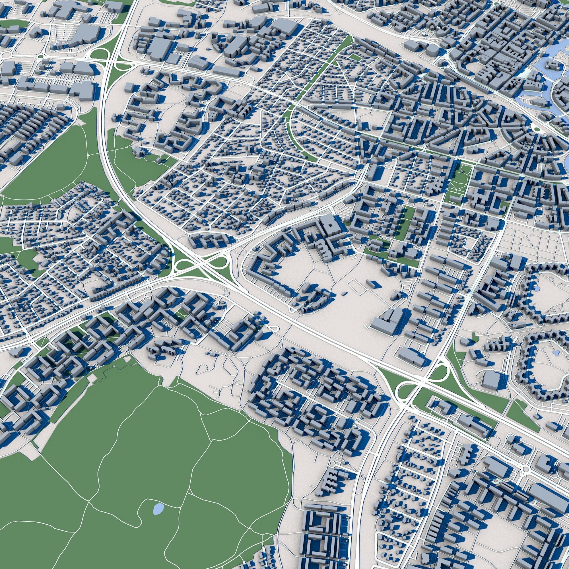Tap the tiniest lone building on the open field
coord(344,293)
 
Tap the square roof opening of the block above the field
coord(331,224)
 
